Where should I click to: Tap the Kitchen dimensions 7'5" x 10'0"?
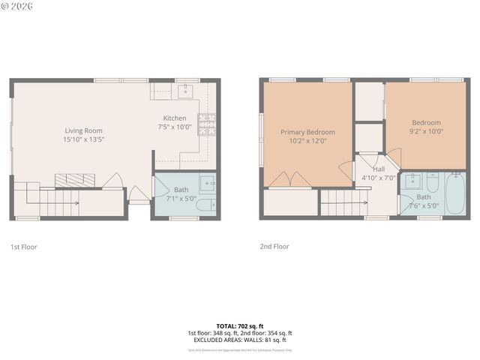pos(175,127)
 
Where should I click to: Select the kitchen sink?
pos(185,91)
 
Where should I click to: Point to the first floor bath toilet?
pos(205,205)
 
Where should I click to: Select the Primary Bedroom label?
pos(307,132)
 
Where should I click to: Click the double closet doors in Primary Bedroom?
pos(290,180)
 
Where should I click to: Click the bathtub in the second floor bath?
pos(455,194)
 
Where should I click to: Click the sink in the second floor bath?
pos(412,181)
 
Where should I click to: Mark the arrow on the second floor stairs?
pos(358,201)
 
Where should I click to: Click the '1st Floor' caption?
pos(23,247)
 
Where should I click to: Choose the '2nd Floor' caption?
pos(274,246)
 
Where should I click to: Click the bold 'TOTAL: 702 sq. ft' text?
pos(239,326)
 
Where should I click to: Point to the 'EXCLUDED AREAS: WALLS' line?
pos(239,340)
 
